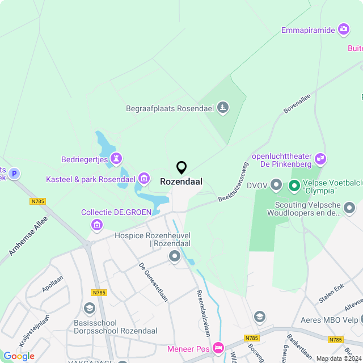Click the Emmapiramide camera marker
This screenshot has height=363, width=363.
(343, 29)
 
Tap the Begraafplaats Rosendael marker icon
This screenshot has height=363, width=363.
(224, 107)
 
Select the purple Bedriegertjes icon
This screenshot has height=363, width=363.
(117, 158)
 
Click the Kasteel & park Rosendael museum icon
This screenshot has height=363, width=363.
(144, 179)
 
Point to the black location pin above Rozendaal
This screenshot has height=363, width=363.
(181, 168)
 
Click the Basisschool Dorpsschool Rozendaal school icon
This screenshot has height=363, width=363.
(89, 308)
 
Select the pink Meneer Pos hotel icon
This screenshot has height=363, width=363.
(217, 347)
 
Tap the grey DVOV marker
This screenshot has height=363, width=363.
(276, 185)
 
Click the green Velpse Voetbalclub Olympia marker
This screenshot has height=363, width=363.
(294, 185)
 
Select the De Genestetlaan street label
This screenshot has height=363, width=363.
(154, 282)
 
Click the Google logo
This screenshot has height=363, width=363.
(19, 356)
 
